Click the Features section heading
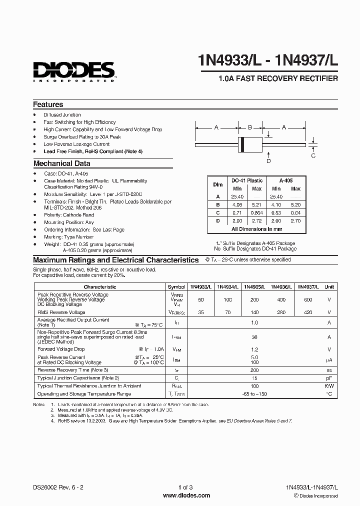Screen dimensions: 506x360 tap(48, 104)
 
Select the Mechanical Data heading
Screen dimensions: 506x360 tap(61, 163)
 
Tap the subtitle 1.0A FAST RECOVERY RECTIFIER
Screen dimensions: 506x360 tap(278, 79)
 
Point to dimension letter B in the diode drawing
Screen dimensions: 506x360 tap(250, 127)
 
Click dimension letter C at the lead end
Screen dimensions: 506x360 tap(313, 155)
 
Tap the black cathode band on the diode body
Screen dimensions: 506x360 tap(243, 144)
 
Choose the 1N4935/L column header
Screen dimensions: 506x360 tap(254, 287)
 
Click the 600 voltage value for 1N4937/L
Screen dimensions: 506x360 tap(308, 299)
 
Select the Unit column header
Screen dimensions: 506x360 tap(329, 287)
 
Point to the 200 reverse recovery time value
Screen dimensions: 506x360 tap(254, 369)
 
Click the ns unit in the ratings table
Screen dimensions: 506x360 tap(329, 369)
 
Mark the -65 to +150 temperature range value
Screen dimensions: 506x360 tap(254, 394)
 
